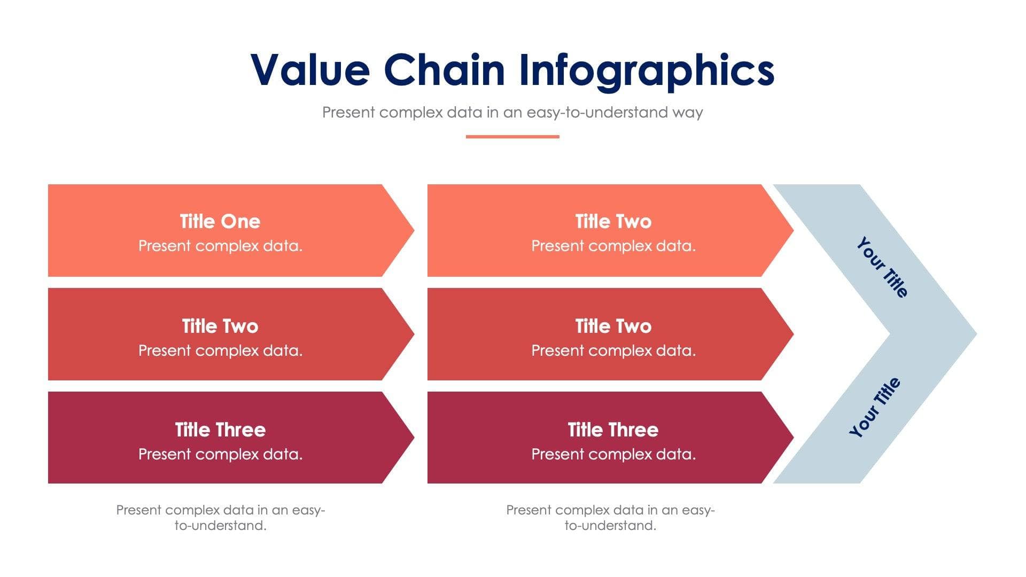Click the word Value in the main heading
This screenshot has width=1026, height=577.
tap(310, 70)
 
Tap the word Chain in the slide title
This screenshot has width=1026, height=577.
tap(444, 70)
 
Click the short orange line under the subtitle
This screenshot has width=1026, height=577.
tap(512, 137)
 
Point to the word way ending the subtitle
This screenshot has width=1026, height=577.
tap(688, 113)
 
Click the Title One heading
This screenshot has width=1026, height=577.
tap(220, 221)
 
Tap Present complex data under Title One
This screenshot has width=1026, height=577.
tap(220, 246)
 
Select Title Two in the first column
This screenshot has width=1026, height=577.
tap(220, 326)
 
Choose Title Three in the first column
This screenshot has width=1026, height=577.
tap(220, 430)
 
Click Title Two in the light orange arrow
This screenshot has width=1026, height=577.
tap(613, 221)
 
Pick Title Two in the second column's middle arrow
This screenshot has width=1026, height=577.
tap(613, 326)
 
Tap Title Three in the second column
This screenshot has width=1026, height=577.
tap(613, 430)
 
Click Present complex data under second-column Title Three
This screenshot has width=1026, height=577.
tap(613, 454)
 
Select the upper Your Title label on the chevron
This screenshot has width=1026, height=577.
tap(882, 267)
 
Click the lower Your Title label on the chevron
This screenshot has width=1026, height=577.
tap(875, 407)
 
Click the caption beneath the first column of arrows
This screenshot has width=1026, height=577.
tap(220, 517)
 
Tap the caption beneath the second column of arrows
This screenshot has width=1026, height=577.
tap(610, 517)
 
